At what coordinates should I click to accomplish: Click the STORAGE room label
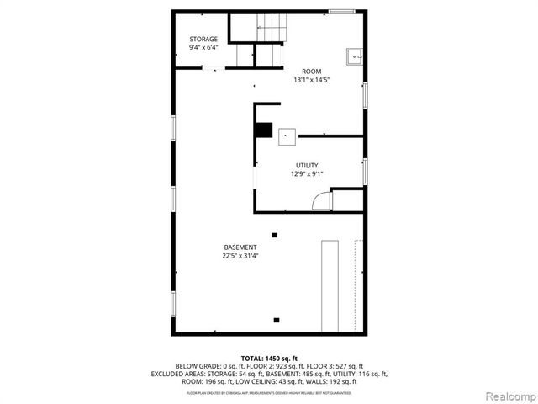click(x=203, y=39)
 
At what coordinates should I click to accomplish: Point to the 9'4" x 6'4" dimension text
click(x=203, y=48)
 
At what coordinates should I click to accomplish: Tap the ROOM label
click(x=312, y=72)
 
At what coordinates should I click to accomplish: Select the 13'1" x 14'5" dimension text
click(x=312, y=81)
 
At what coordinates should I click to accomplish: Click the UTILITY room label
click(x=307, y=165)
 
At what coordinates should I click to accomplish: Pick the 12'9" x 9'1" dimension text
click(x=307, y=174)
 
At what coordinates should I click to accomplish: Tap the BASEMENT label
click(x=240, y=247)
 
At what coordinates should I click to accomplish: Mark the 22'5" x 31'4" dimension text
click(x=240, y=256)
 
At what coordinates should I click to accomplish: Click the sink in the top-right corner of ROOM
click(x=355, y=57)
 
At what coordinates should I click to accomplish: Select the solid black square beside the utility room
click(x=266, y=130)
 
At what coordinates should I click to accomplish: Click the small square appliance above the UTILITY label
click(x=288, y=136)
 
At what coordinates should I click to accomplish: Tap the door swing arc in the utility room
click(x=321, y=200)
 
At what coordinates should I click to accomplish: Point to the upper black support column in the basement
click(x=275, y=235)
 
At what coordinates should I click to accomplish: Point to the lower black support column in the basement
click(x=277, y=320)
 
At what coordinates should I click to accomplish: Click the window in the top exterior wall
click(x=341, y=11)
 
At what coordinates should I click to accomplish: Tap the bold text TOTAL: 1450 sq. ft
click(x=269, y=358)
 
